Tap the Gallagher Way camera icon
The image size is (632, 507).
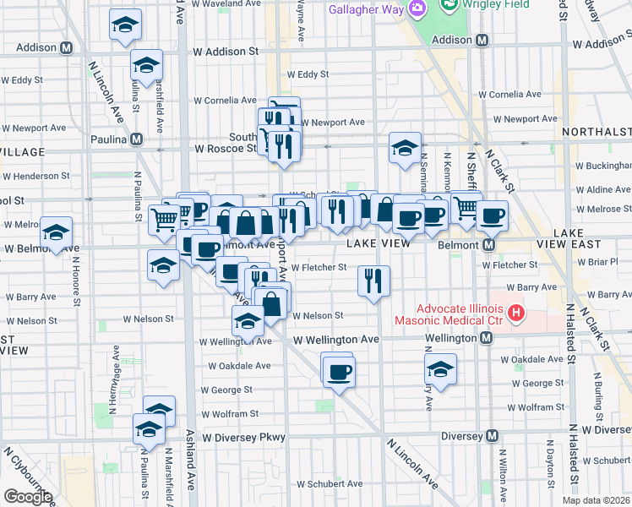415,8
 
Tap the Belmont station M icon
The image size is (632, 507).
488,245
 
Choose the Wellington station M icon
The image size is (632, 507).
487,338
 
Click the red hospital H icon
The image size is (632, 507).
515,318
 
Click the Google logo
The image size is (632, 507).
27,497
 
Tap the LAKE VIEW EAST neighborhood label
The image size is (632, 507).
588,237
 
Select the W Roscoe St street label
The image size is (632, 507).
225,148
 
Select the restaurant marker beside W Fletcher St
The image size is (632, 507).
373,281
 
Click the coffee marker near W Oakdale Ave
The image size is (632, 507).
339,373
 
